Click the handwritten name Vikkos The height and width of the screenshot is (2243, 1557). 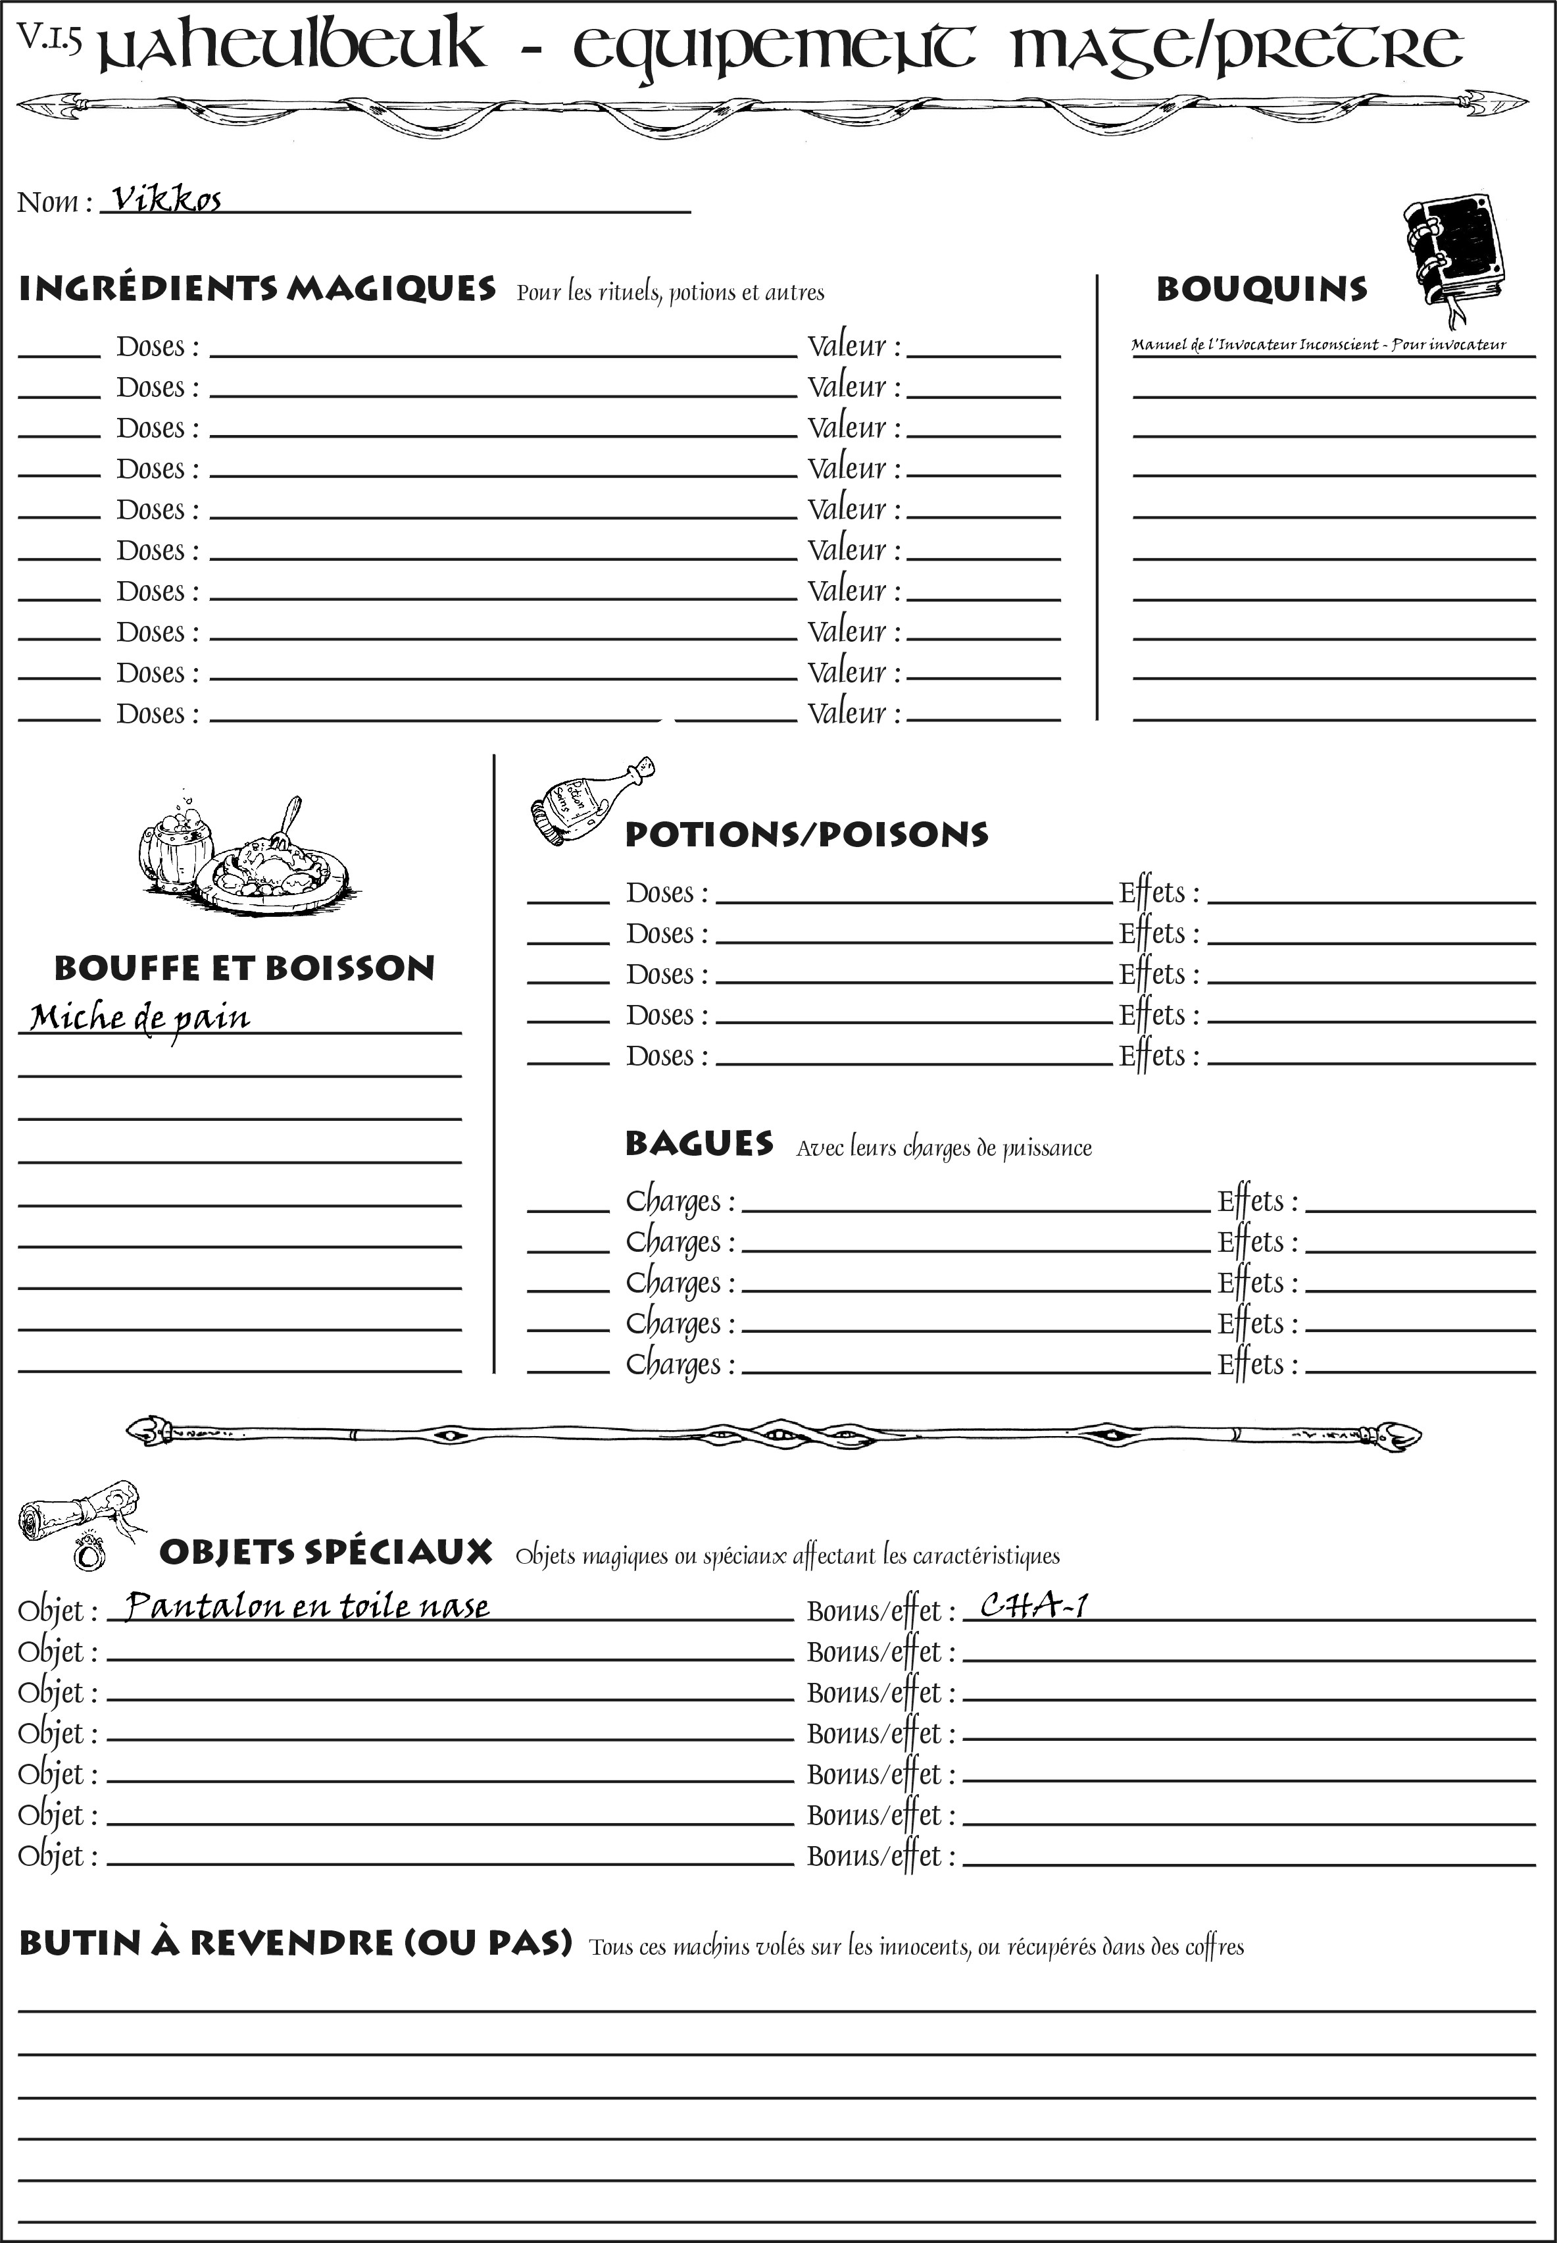[166, 200]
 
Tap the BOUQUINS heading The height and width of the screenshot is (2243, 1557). [1262, 289]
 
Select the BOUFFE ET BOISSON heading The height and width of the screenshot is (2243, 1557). [244, 968]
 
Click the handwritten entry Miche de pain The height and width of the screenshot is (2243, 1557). [139, 1018]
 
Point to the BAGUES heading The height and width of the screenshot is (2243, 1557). [699, 1143]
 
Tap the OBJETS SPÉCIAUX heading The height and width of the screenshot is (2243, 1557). [325, 1552]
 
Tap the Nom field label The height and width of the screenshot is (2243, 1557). [54, 202]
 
